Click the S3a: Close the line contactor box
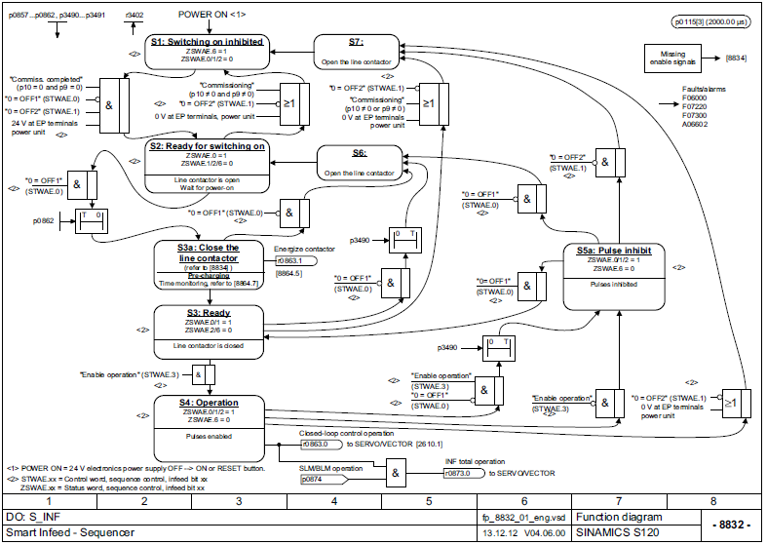click(x=207, y=265)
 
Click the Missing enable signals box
click(x=679, y=58)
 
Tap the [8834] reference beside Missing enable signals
click(x=737, y=58)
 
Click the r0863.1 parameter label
click(x=289, y=261)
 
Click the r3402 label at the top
click(x=135, y=17)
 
